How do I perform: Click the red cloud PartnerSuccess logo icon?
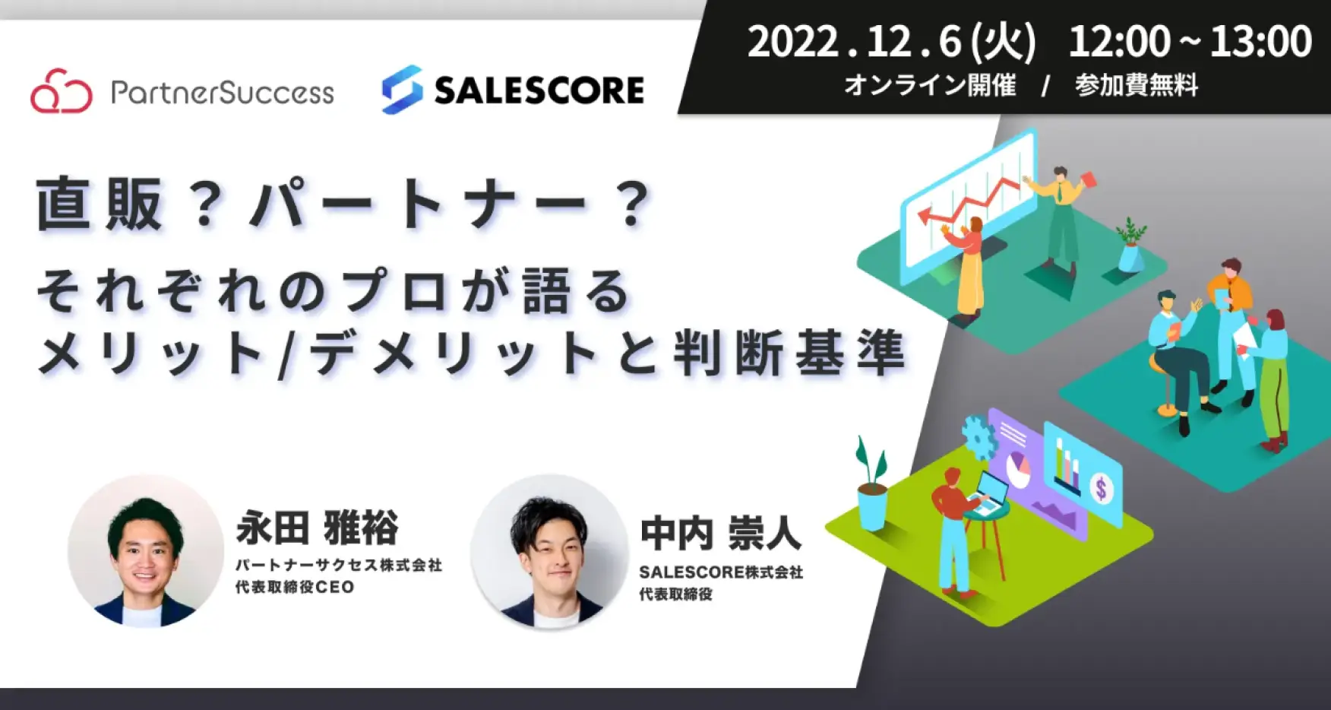pos(62,91)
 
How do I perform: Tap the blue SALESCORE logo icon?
pos(402,90)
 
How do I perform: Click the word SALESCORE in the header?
pos(539,90)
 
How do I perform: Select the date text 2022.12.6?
pos(855,42)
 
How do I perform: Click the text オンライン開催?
pos(930,85)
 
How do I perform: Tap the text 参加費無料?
pos(1137,85)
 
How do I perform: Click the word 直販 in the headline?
pos(100,204)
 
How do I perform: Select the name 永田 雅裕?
pos(317,528)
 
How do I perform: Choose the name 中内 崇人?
pos(721,533)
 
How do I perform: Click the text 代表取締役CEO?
pos(295,587)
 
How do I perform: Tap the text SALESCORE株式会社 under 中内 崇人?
pos(721,572)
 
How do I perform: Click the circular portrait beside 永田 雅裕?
pos(145,551)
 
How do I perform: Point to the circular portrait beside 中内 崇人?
pos(549,551)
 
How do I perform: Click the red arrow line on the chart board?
pos(969,201)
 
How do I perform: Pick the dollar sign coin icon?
pos(1102,487)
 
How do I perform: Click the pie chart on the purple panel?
pos(1017,468)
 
